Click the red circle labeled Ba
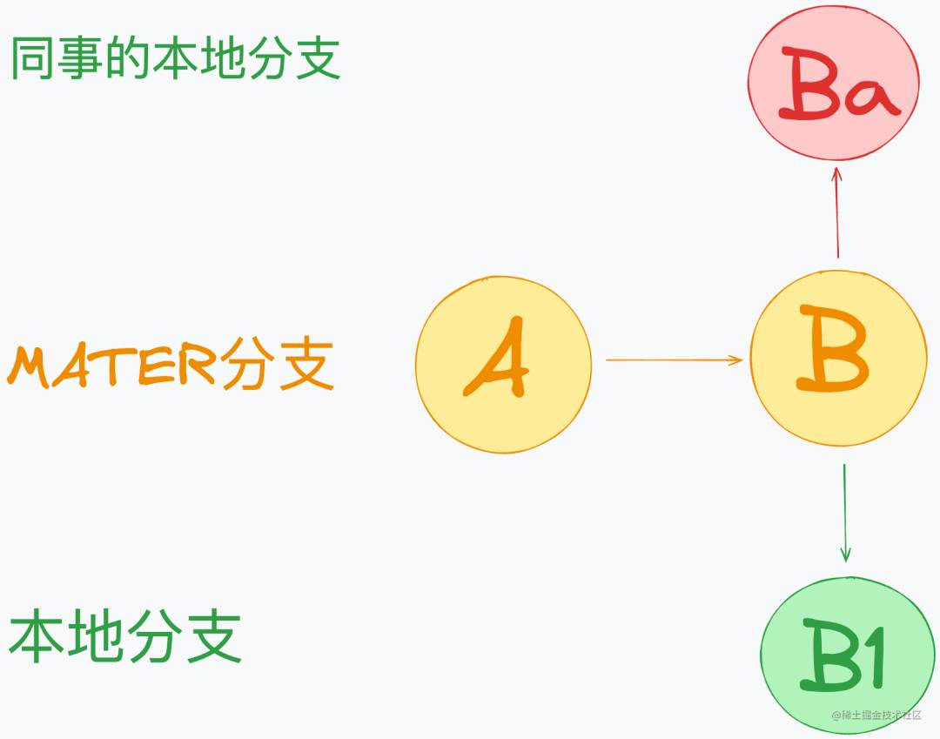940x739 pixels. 833,84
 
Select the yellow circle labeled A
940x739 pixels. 504,365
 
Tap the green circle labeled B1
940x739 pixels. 847,655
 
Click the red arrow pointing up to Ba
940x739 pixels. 837,212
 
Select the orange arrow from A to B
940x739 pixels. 675,360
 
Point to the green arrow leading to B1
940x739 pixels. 845,513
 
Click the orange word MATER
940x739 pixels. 111,365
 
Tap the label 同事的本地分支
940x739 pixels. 176,57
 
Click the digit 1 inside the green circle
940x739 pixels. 873,657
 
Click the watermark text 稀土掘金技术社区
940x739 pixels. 876,715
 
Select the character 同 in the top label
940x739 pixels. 32,57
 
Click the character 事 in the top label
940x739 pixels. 80,57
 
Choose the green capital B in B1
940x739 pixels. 829,655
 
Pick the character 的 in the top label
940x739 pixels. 128,57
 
